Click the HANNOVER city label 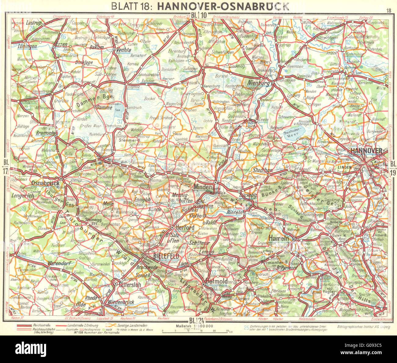click(x=366, y=151)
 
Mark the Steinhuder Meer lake click(x=294, y=134)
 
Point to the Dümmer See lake click(x=117, y=110)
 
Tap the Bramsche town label click(x=45, y=133)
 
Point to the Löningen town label click(x=27, y=46)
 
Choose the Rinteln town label click(x=235, y=212)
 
